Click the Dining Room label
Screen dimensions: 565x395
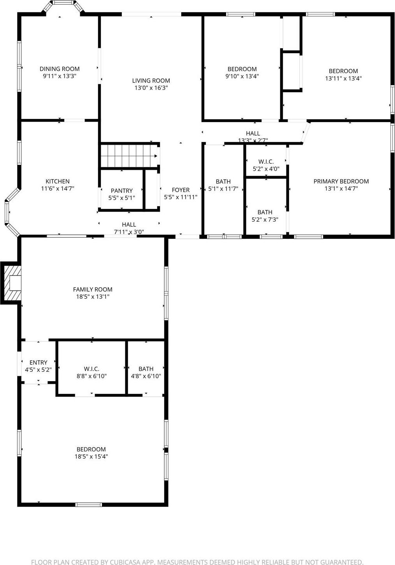pos(60,69)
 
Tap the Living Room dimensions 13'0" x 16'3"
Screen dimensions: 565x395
pos(151,88)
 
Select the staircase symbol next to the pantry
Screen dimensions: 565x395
pos(128,156)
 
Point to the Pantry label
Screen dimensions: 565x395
pos(121,191)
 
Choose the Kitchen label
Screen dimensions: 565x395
pos(58,181)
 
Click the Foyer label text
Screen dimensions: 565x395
pos(181,190)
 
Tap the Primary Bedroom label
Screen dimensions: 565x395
pos(341,181)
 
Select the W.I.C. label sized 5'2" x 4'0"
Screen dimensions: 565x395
pos(266,162)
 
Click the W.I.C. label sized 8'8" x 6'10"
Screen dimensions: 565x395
pos(91,369)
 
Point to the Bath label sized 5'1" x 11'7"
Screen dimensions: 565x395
pos(223,182)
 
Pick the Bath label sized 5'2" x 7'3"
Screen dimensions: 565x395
pos(265,212)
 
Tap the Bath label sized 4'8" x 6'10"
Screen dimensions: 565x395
pos(146,369)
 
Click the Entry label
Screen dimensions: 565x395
pos(38,362)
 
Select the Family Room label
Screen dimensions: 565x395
pos(93,289)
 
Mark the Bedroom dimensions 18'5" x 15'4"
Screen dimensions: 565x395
pos(91,457)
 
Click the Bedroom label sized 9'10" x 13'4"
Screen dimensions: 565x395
pos(242,69)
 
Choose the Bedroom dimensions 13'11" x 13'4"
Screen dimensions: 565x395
pos(343,78)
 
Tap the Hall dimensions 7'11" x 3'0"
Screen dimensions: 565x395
pos(129,232)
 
